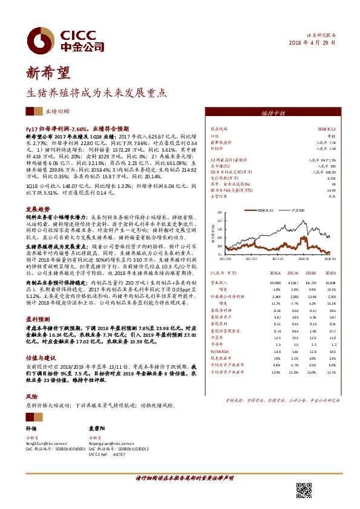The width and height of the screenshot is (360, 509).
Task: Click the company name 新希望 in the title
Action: pos(49,73)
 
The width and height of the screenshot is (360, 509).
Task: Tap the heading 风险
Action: pos(31,397)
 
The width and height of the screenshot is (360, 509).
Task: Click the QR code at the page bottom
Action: pos(304,490)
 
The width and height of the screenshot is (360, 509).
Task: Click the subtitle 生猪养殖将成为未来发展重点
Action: pos(95,94)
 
